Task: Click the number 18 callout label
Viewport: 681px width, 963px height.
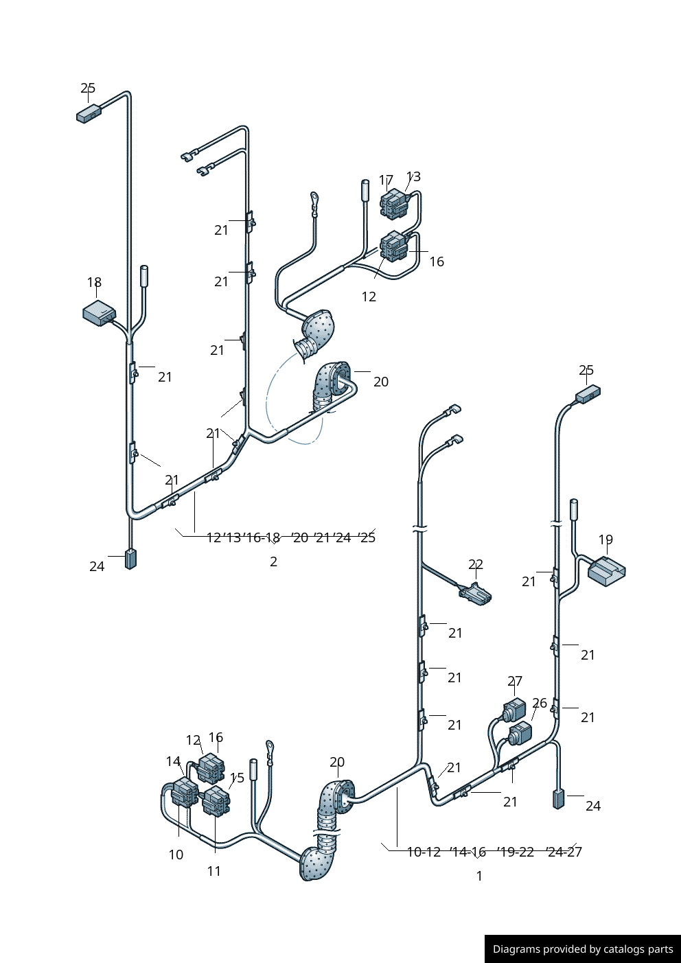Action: (94, 282)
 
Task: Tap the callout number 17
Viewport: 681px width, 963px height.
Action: (386, 180)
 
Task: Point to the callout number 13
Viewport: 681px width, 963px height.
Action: (413, 176)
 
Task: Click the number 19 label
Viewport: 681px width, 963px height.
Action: (605, 539)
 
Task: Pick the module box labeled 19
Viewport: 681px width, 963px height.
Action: (606, 570)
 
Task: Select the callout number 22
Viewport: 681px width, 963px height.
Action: (476, 564)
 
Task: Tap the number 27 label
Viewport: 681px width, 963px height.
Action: (515, 681)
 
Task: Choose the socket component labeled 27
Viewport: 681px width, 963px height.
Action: (515, 709)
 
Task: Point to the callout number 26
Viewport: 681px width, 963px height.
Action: (540, 703)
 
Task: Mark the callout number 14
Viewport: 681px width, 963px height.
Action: (173, 761)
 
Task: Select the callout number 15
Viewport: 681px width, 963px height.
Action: (237, 778)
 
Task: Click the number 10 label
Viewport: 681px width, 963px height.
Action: (176, 855)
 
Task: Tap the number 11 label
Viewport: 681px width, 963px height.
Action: (214, 871)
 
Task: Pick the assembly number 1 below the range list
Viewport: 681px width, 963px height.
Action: (479, 876)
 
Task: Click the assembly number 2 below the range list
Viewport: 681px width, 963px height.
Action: (273, 561)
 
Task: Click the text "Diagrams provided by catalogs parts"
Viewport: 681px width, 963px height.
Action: (583, 949)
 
